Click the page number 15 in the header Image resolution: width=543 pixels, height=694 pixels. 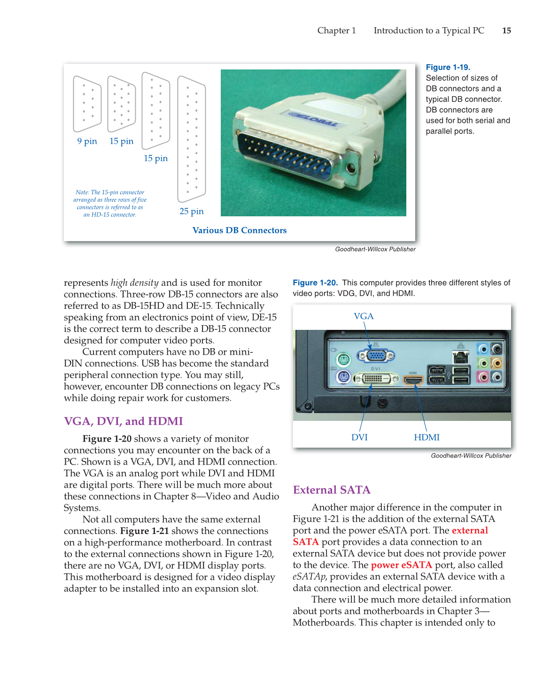coord(506,31)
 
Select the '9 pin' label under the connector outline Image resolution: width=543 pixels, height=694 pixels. coord(87,141)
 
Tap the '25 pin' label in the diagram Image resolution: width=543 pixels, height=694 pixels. coord(192,211)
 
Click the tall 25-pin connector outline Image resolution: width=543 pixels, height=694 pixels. coord(192,139)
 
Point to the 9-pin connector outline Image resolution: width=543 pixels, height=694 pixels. coord(87,104)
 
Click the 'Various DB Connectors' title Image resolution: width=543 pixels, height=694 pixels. coord(239,230)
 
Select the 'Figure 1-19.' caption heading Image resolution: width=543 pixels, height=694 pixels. coord(448,67)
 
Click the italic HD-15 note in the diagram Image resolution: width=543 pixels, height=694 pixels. coord(110,204)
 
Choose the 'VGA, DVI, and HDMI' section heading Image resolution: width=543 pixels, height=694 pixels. coord(123,421)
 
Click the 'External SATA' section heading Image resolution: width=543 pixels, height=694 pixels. coord(332,490)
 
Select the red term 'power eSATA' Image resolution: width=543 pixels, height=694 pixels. coord(401,565)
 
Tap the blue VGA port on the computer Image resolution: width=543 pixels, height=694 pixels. coord(376,356)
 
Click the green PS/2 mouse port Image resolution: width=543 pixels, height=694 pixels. coord(343,360)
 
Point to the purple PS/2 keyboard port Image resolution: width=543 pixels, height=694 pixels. coord(343,377)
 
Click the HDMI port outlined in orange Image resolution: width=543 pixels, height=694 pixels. coord(413,379)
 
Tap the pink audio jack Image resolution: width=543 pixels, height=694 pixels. coord(483,377)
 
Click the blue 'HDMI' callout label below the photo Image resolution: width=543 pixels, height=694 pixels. coord(427,437)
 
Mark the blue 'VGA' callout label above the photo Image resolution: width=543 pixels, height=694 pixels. coord(364,316)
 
